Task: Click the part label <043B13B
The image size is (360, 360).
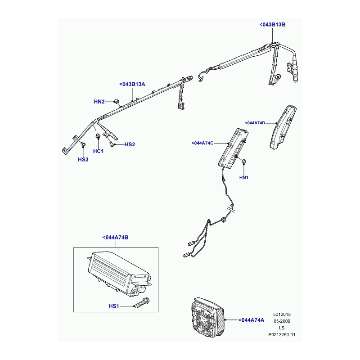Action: tap(273, 25)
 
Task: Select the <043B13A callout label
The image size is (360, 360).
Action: tap(132, 84)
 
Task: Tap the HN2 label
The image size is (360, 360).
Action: tap(99, 102)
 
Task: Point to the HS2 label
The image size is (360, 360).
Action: tap(130, 144)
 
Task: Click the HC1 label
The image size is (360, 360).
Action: tap(99, 151)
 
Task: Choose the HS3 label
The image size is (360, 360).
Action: tap(83, 160)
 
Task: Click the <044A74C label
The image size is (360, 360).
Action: tap(205, 143)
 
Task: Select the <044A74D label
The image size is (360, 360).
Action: tap(255, 123)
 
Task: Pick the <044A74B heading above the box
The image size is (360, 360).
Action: tap(116, 237)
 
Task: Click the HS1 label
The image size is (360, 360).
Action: tap(113, 306)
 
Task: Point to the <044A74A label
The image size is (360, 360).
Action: tap(251, 320)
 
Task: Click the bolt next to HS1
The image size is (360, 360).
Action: tap(142, 303)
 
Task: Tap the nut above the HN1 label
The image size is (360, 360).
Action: tap(244, 162)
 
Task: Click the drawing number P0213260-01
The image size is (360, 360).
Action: tap(282, 335)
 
